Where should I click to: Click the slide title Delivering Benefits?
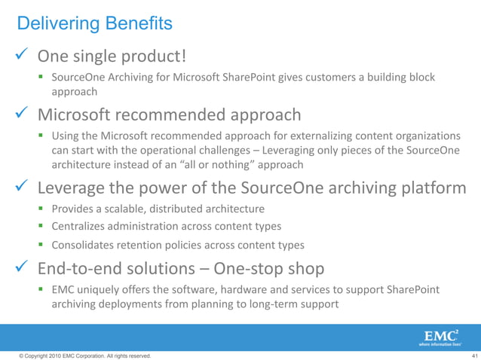coord(94,24)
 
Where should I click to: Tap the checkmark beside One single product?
coord(20,56)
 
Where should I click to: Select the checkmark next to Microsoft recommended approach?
coord(20,114)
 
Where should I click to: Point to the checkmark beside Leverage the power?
coord(20,187)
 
